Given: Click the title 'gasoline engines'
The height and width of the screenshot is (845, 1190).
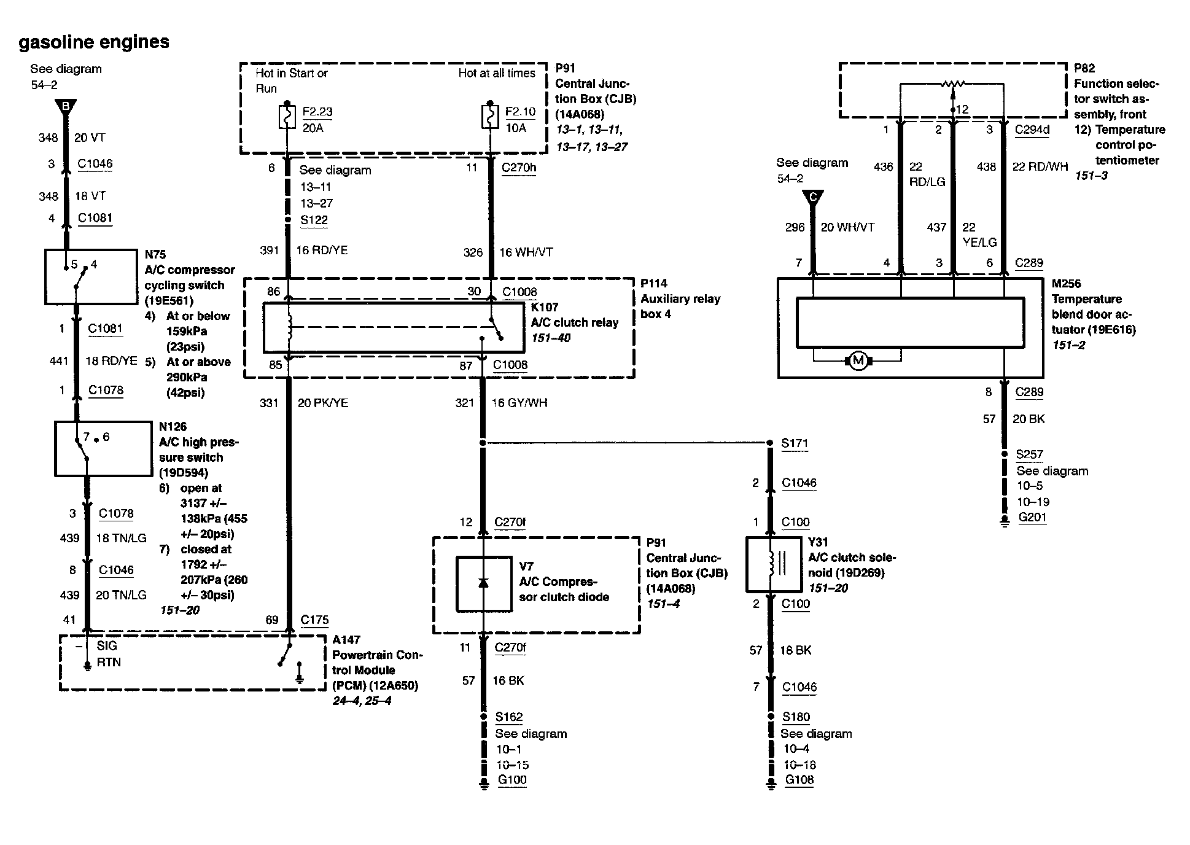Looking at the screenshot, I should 94,42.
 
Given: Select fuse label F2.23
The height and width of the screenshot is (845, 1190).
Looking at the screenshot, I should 317,112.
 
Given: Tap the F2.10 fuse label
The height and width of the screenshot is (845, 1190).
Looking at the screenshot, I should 520,112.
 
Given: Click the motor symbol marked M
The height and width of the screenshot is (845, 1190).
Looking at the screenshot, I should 858,360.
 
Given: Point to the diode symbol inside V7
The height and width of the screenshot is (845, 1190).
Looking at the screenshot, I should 483,583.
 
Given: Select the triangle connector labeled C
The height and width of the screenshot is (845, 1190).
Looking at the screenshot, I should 813,198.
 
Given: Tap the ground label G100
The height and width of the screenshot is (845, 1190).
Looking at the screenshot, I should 512,780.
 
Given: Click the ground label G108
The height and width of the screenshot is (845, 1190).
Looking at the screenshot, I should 799,780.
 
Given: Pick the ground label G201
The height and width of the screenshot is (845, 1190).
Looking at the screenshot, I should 1032,517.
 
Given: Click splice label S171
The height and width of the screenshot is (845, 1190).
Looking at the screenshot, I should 795,443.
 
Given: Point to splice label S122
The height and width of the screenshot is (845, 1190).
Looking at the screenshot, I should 314,220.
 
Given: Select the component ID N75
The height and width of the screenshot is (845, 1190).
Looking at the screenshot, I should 155,254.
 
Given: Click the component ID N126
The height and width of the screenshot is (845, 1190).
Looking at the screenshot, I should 173,426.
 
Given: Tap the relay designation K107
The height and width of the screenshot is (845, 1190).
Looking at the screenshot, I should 545,307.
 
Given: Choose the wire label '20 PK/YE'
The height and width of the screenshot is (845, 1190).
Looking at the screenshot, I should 323,403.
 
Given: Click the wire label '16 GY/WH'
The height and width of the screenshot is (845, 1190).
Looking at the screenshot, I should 519,403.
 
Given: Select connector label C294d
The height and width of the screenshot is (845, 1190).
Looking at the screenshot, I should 1032,130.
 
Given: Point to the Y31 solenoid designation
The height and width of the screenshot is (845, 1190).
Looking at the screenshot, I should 818,542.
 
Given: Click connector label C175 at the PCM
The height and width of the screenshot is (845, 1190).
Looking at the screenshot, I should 314,620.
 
